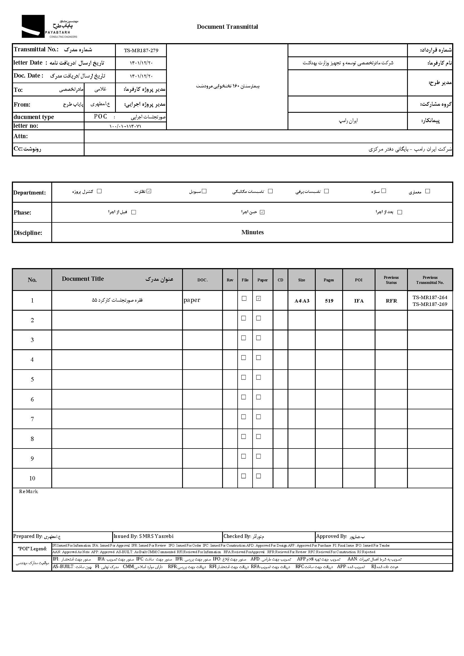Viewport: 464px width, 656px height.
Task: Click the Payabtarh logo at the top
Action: coord(49,26)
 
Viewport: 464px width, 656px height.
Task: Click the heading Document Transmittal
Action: coord(227,27)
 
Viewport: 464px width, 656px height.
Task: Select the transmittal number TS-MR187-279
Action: coord(141,50)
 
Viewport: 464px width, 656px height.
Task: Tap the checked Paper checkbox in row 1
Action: coord(258,299)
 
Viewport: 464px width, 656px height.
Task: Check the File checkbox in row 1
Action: coord(244,299)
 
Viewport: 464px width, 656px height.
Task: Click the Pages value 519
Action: coord(329,301)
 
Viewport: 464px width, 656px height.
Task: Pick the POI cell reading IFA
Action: coord(359,301)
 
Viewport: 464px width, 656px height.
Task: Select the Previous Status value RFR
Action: coord(391,301)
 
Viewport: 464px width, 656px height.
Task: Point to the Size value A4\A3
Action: coord(302,301)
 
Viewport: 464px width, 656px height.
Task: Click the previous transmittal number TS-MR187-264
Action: coord(430,297)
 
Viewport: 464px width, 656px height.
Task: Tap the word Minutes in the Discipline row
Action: coord(252,232)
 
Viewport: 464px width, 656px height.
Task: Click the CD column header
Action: coord(280,280)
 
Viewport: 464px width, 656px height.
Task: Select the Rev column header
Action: coord(230,280)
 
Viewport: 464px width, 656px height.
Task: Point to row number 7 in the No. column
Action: coord(32,419)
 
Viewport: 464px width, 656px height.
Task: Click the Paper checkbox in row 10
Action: coord(258,476)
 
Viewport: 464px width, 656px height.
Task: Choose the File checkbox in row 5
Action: coord(244,377)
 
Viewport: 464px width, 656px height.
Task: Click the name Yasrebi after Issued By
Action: coord(165,536)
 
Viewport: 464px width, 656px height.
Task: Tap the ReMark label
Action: coord(28,492)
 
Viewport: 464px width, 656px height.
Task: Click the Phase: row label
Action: coord(22,213)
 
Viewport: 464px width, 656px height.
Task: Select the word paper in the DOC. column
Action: coord(192,300)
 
